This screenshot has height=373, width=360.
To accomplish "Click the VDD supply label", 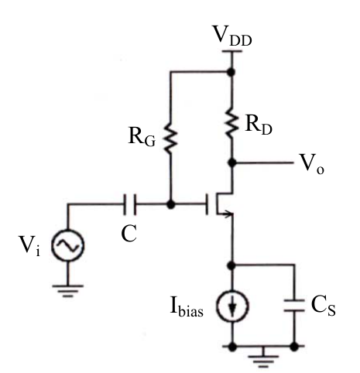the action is [231, 36].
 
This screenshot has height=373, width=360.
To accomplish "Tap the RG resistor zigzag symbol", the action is [170, 139].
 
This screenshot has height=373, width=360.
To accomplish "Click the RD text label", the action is [259, 125].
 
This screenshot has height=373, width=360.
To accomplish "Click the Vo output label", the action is [312, 164].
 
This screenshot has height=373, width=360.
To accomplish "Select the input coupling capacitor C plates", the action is [129, 204].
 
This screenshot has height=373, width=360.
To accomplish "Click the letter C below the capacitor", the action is [129, 234].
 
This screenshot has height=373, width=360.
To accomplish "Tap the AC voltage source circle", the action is [68, 245].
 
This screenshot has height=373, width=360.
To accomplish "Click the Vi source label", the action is [30, 245].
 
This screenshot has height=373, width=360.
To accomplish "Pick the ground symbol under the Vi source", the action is [68, 291].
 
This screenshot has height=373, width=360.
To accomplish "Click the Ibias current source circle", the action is [232, 306].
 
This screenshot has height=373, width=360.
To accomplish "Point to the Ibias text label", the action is [187, 307].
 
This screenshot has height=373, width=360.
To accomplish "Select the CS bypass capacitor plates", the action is [294, 306].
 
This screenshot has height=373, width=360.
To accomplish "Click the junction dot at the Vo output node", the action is [232, 163].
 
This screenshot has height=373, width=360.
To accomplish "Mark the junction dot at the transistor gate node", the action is [170, 204].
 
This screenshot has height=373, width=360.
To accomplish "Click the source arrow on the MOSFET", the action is [226, 214].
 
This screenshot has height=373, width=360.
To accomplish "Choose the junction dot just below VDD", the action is [231, 72].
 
